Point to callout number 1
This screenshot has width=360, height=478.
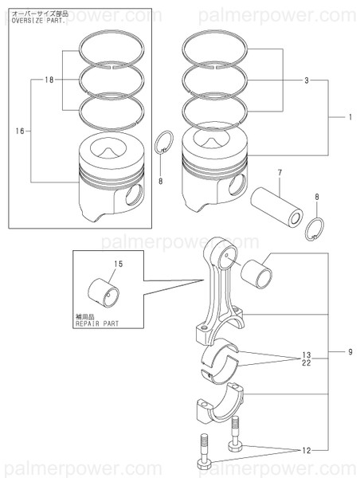tap(348, 117)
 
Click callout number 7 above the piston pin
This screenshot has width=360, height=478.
tap(279, 173)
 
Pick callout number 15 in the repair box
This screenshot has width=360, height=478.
tap(119, 264)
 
